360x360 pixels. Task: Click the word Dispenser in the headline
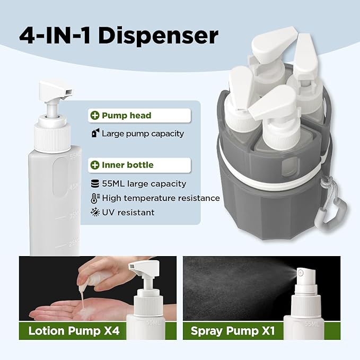click(x=158, y=36)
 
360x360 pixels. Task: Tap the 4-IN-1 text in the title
click(x=55, y=36)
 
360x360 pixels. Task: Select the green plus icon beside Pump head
click(x=95, y=115)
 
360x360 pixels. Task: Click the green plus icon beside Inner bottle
click(x=95, y=165)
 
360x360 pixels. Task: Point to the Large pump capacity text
click(x=143, y=134)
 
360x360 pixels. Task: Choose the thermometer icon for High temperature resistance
click(x=95, y=198)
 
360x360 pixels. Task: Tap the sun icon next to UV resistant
click(x=95, y=213)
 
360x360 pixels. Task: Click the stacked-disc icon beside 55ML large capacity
click(x=95, y=183)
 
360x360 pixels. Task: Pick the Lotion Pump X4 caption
click(x=74, y=331)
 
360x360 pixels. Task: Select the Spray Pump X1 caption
click(x=233, y=331)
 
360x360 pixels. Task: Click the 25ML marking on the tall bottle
click(x=74, y=242)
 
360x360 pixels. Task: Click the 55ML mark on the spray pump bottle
click(x=312, y=324)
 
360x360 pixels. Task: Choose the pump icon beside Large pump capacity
click(x=95, y=133)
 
